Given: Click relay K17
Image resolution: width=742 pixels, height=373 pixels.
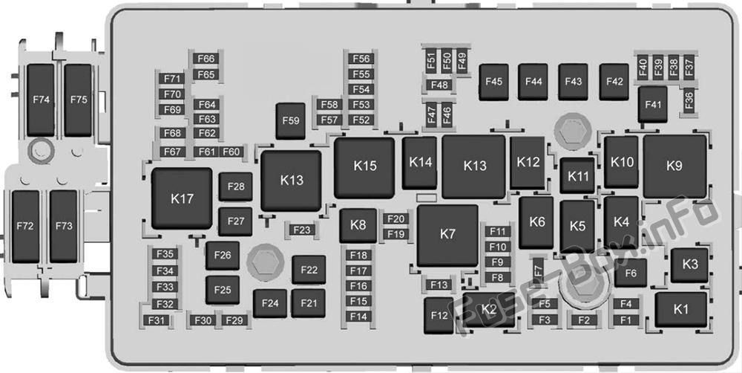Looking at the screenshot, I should (x=182, y=198).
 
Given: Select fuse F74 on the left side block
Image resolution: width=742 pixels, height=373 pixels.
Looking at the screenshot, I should (x=41, y=99).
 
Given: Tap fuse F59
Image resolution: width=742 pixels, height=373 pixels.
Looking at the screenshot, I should (x=291, y=120).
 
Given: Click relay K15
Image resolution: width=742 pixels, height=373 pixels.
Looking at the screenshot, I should (x=364, y=166).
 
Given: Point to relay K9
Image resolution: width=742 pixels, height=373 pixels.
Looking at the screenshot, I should (x=674, y=166).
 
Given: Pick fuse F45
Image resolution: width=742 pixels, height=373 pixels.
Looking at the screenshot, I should (x=493, y=82).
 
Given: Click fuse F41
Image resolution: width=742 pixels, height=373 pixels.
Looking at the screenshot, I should (x=652, y=105).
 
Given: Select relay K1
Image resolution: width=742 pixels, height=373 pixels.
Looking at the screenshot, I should (x=680, y=308).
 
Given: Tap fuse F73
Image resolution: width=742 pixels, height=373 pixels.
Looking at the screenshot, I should (x=64, y=226).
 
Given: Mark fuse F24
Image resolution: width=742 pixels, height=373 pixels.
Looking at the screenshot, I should (x=270, y=303).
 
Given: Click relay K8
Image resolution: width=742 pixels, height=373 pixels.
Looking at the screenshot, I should (x=358, y=225).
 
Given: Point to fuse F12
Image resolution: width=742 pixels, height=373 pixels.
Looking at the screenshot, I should (x=439, y=315).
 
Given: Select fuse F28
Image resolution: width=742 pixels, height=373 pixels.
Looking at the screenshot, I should (x=236, y=186).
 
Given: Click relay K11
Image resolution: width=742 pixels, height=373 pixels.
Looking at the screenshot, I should (x=577, y=176).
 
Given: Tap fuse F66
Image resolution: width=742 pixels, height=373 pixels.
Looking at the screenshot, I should (x=206, y=59).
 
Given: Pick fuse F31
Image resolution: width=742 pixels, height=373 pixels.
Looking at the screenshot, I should (x=157, y=320).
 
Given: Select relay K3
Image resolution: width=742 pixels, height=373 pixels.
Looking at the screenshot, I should (x=689, y=265).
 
